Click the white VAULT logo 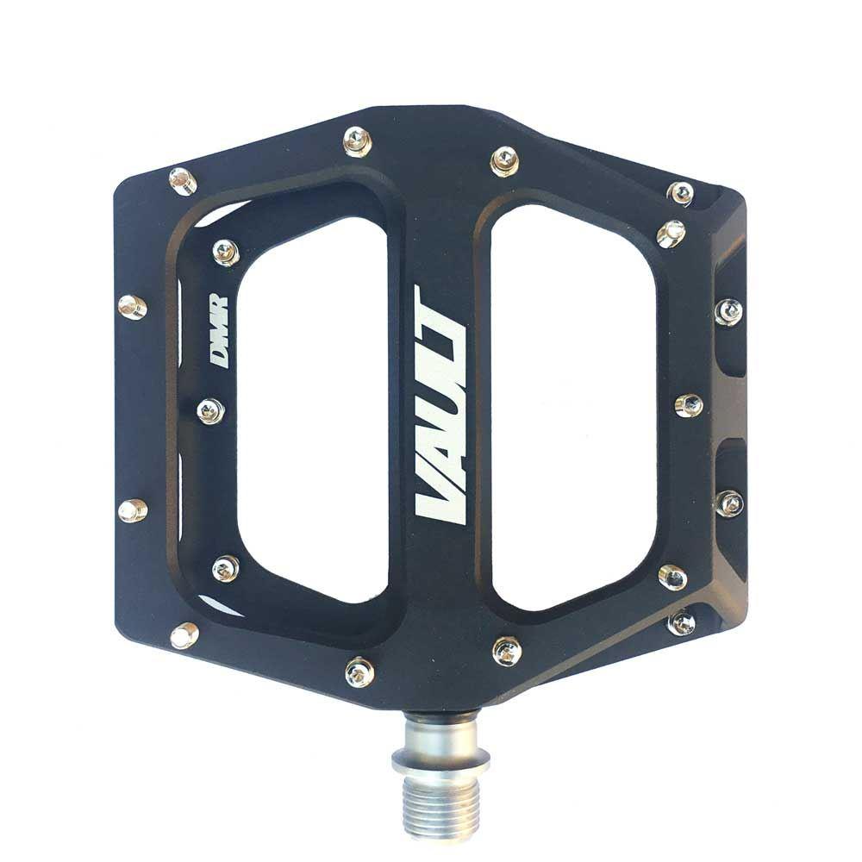click(440, 405)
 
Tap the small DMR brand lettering click(218, 332)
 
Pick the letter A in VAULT click(440, 453)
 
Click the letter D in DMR click(218, 358)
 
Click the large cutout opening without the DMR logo click(572, 407)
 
